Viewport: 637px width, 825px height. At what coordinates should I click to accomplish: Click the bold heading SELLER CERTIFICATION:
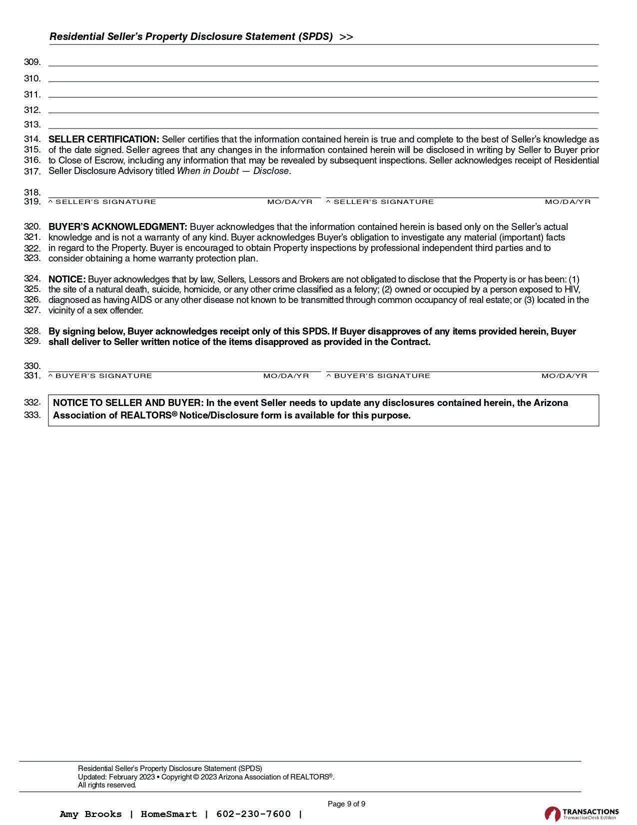[x=103, y=139]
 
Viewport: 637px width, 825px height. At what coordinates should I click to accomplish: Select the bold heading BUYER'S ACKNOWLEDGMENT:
[x=117, y=227]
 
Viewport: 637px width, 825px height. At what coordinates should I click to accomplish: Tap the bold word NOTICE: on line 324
[x=67, y=279]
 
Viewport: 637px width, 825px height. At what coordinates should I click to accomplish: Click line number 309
[x=32, y=62]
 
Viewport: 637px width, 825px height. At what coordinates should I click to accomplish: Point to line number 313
[x=32, y=124]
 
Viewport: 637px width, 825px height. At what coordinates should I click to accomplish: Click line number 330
[x=32, y=366]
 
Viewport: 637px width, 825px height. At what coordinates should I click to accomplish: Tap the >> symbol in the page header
[x=346, y=37]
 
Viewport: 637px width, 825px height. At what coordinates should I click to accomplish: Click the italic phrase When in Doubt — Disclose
[x=234, y=171]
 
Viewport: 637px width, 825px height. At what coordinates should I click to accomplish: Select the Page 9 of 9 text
[x=346, y=804]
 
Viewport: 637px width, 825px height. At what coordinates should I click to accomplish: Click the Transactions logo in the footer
[x=582, y=813]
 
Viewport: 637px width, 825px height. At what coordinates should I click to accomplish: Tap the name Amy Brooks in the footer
[x=90, y=814]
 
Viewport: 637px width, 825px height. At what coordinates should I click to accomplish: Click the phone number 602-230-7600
[x=253, y=814]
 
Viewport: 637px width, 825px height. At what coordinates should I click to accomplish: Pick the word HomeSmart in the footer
[x=169, y=814]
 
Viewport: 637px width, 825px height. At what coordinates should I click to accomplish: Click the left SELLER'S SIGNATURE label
[x=105, y=202]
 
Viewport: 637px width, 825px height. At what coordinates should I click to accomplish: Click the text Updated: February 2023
[x=116, y=777]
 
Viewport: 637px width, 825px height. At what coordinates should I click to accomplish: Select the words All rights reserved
[x=107, y=785]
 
